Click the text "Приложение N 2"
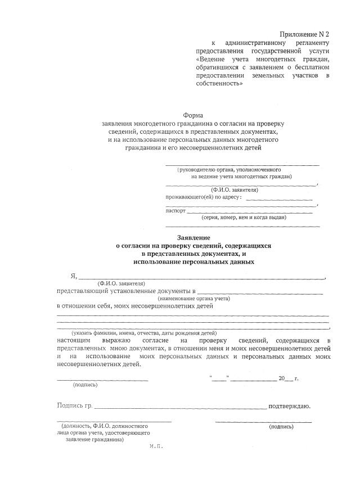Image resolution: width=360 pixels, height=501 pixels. click(304, 35)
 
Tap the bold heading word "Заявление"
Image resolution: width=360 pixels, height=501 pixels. click(193, 238)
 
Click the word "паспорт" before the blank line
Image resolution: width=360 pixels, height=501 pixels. click(175, 210)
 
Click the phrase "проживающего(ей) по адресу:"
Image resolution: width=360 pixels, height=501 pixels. click(204, 197)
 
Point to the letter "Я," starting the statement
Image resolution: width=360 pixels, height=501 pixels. click(73, 276)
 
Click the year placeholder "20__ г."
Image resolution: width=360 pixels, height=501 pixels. click(289, 378)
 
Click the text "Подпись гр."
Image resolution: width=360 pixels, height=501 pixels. click(74, 405)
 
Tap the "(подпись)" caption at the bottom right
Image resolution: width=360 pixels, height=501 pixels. click(281, 427)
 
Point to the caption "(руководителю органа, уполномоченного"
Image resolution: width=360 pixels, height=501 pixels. click(229, 169)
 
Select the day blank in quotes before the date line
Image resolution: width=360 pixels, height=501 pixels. click(219, 378)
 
